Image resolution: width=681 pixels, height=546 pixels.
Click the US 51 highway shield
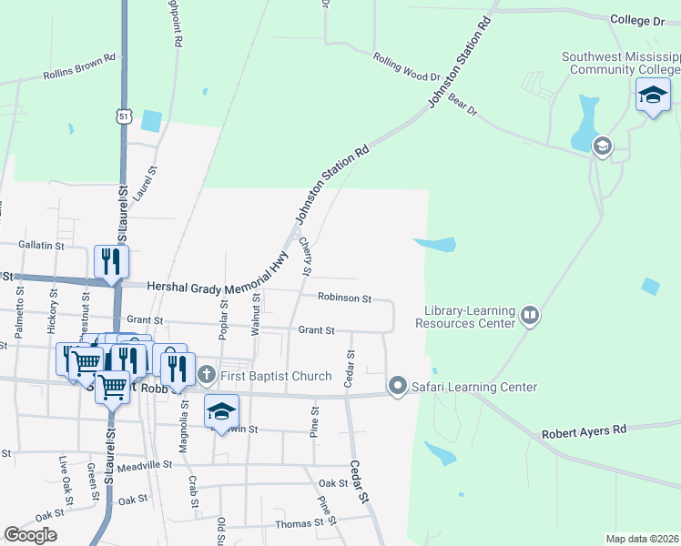(124, 116)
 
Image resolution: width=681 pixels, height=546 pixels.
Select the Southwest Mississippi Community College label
(621, 61)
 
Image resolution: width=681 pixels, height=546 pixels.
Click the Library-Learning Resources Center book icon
(530, 316)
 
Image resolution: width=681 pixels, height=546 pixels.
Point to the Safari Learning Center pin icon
(397, 387)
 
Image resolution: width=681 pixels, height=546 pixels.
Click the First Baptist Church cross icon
(207, 374)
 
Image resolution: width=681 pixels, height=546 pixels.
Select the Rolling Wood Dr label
(407, 66)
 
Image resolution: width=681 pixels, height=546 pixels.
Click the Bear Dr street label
(463, 105)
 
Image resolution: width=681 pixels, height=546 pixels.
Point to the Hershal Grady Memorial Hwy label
(209, 286)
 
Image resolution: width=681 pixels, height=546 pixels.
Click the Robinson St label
(344, 298)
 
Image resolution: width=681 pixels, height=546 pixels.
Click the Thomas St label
(300, 524)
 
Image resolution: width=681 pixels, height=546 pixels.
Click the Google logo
(30, 535)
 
